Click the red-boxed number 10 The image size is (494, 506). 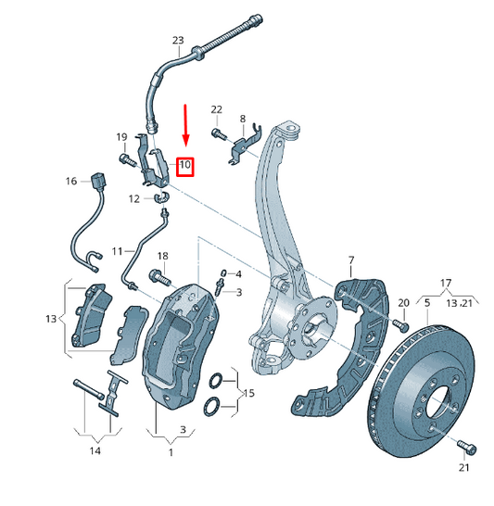184,167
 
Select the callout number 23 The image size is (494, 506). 179,40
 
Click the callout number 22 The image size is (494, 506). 217,109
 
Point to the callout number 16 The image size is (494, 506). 71,182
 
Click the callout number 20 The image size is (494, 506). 403,303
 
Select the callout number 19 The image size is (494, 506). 121,137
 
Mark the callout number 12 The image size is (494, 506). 133,198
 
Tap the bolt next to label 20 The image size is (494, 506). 401,324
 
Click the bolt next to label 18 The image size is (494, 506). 157,277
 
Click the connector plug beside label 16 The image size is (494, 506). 99,180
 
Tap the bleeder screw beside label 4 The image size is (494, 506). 221,276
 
